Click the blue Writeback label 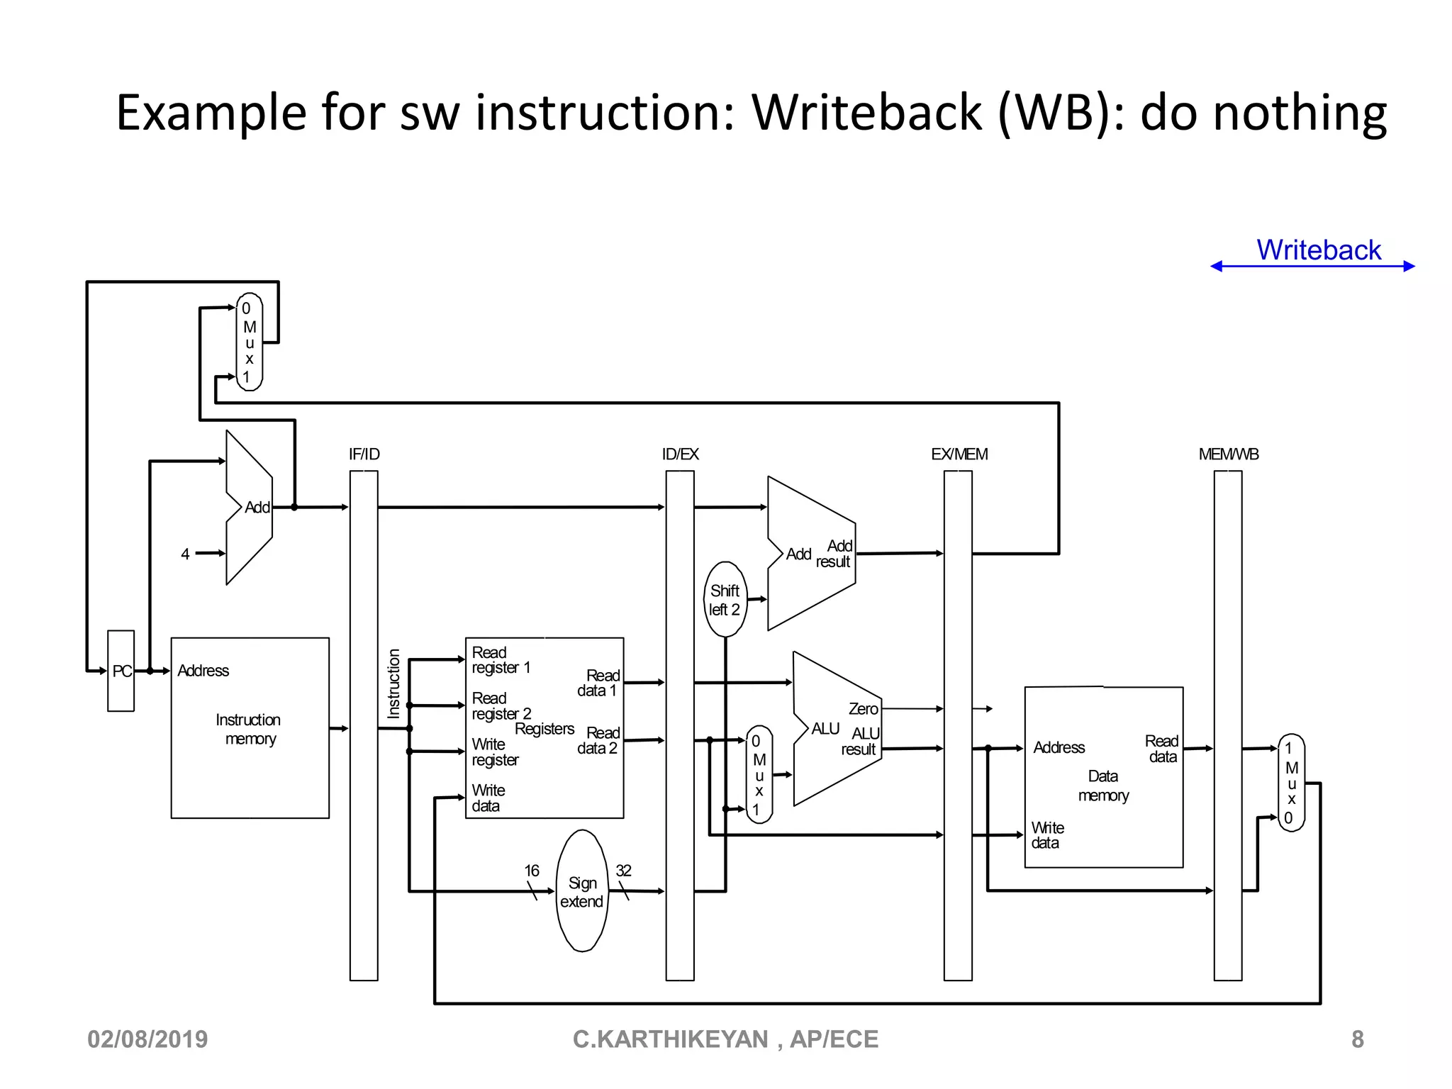point(1318,250)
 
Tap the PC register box point(121,671)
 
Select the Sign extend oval point(582,891)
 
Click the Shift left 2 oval point(725,600)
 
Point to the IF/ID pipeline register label point(364,454)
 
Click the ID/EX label point(680,454)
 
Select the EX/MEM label point(959,454)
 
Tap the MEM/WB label point(1228,454)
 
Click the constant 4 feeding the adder point(185,554)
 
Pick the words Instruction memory point(249,730)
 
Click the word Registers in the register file point(544,729)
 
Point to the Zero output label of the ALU point(863,709)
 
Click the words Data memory point(1103,786)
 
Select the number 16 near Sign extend point(532,871)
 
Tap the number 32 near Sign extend point(623,871)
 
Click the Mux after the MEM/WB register point(1291,783)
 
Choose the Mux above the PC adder point(249,342)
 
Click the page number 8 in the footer point(1357,1039)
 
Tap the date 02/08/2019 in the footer point(147,1039)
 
